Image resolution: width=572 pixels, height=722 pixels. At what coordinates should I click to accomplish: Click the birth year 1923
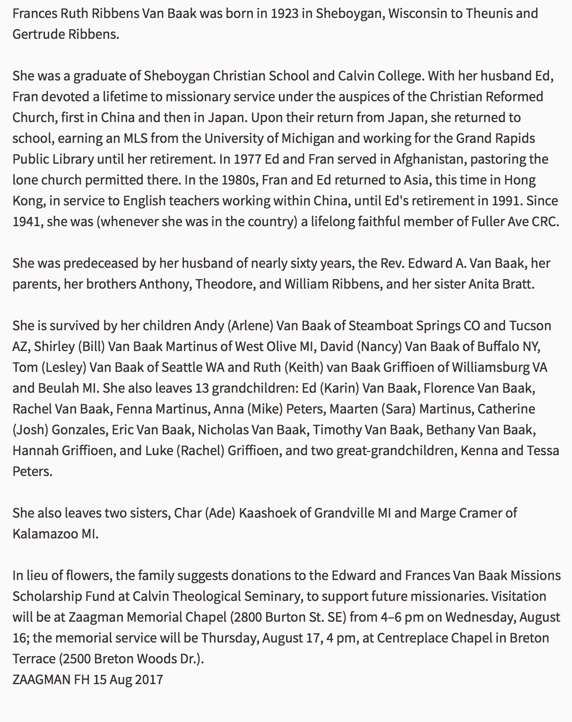pyautogui.click(x=285, y=13)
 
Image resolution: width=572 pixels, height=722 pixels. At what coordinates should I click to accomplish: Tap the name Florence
pyautogui.click(x=449, y=388)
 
